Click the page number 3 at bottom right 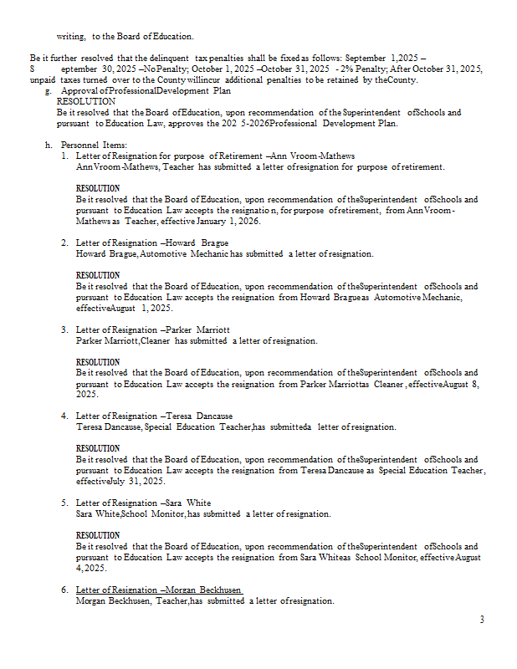[x=482, y=620]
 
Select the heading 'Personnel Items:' [x=94, y=145]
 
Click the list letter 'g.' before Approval [x=49, y=90]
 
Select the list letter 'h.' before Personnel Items [x=49, y=145]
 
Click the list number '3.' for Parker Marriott [x=65, y=330]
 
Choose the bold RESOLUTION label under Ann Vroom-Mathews [x=97, y=188]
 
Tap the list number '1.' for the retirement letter [x=65, y=156]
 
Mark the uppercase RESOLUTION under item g [x=86, y=101]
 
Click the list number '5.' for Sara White [x=65, y=503]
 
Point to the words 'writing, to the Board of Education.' [x=125, y=37]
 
